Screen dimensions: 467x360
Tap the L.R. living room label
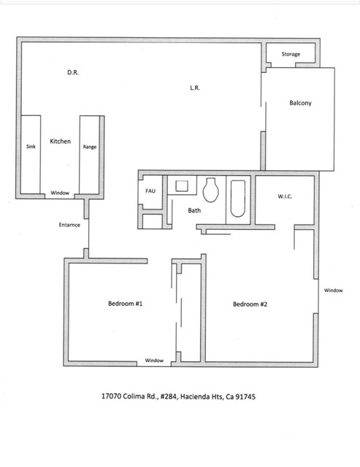194,88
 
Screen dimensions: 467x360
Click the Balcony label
300,103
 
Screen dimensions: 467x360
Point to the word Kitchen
60,141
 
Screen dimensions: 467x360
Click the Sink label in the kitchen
31,147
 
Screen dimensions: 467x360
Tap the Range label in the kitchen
89,147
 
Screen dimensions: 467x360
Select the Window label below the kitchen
60,193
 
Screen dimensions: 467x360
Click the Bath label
194,210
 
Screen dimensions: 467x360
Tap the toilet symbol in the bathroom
212,190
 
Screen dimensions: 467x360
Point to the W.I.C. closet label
285,196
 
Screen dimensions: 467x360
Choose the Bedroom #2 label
250,304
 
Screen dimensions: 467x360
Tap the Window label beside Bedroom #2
333,290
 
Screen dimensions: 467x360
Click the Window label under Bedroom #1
154,360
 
